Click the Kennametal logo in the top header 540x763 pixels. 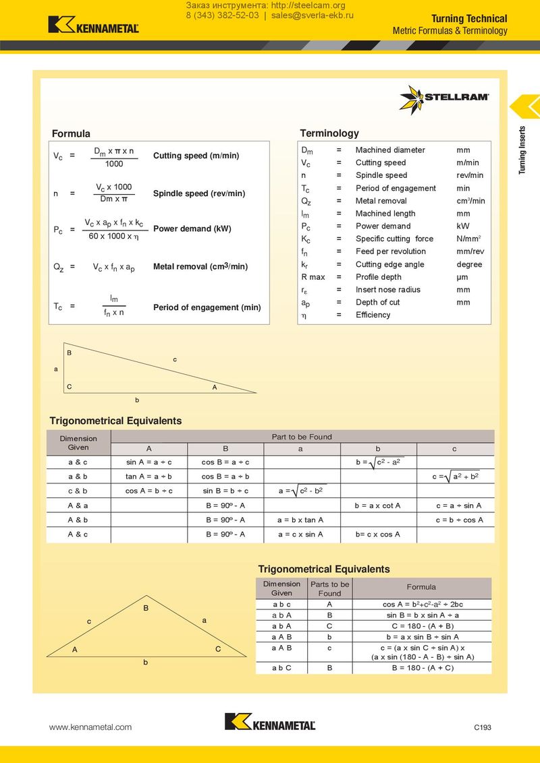[93, 25]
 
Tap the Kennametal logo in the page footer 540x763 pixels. [270, 722]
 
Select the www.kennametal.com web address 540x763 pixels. [90, 727]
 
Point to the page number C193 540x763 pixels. [482, 727]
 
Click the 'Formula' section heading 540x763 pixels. [71, 133]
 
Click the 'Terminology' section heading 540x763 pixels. [329, 133]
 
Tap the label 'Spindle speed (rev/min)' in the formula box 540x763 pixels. [199, 193]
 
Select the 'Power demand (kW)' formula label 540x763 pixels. [192, 228]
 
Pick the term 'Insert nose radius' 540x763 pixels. [387, 290]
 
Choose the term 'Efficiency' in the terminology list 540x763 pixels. [373, 315]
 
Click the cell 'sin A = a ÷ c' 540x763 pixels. [149, 462]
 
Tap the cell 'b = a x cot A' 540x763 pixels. [377, 506]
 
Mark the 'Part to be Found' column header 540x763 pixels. [302, 437]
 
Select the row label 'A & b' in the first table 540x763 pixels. [78, 520]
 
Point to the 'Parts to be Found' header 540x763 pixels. [329, 588]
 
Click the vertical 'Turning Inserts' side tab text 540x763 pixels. [522, 150]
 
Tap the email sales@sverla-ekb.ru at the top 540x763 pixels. [313, 16]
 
